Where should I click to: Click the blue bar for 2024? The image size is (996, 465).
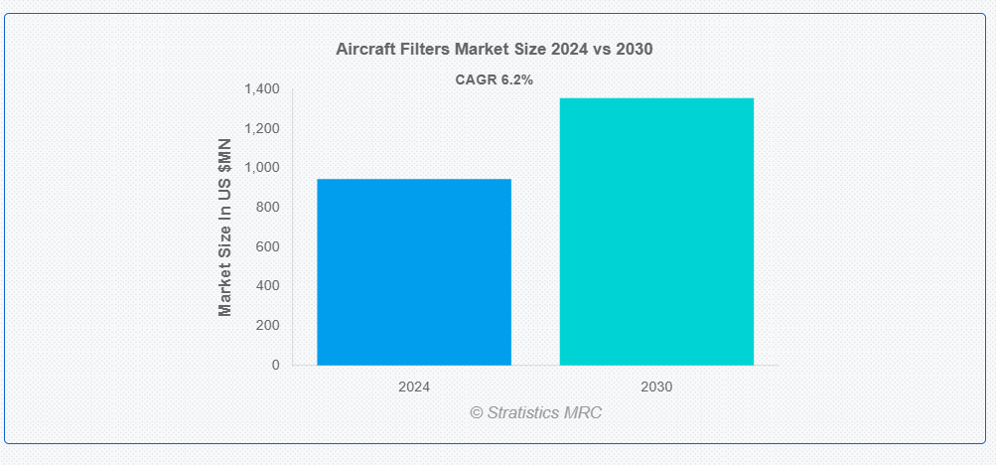[x=414, y=272]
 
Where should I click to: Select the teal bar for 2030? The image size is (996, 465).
[x=656, y=232]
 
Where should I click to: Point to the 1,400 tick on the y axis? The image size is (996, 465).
[x=262, y=89]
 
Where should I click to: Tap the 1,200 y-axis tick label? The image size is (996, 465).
[x=262, y=129]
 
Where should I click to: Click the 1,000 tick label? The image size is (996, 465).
[x=262, y=168]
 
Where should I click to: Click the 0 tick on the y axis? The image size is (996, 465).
[x=276, y=365]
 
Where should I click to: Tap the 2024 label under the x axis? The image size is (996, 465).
[x=414, y=387]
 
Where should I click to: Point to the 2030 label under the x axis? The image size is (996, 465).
[x=656, y=387]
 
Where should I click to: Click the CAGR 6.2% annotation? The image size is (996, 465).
[x=495, y=80]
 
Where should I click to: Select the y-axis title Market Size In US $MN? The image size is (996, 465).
[x=224, y=227]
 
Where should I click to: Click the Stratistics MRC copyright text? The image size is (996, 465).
[x=536, y=412]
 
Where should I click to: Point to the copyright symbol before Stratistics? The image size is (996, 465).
[x=477, y=413]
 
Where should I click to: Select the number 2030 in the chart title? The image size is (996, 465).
[x=634, y=50]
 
